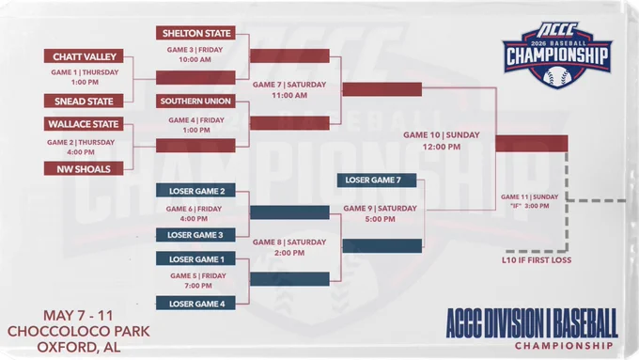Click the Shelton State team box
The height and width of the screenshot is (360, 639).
[x=195, y=33]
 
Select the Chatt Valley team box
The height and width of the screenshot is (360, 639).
[x=84, y=56]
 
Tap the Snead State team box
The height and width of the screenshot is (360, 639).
[x=84, y=102]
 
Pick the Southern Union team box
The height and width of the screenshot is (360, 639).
[x=195, y=102]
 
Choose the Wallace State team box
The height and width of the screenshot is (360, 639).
[x=84, y=124]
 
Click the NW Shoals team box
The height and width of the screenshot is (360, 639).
[x=84, y=169]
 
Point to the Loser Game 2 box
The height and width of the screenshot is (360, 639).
[x=195, y=191]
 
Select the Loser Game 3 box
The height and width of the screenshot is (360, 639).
[x=195, y=235]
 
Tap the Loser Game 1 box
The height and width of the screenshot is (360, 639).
[x=195, y=258]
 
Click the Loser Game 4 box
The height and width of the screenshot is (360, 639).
[x=195, y=304]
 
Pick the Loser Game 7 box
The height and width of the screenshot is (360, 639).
[x=377, y=180]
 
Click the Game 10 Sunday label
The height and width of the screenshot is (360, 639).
[x=442, y=135]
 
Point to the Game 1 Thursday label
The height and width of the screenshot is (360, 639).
[x=85, y=72]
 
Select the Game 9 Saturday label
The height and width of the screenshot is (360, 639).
[x=380, y=209]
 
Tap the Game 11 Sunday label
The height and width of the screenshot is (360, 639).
[x=529, y=197]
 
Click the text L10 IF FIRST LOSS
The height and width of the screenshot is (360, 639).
[x=537, y=260]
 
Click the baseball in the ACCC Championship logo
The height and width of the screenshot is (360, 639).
[x=557, y=77]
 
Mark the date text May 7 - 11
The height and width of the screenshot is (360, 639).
[x=78, y=316]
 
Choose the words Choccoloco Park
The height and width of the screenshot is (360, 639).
[x=79, y=331]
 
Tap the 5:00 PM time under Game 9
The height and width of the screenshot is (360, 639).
[x=380, y=219]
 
